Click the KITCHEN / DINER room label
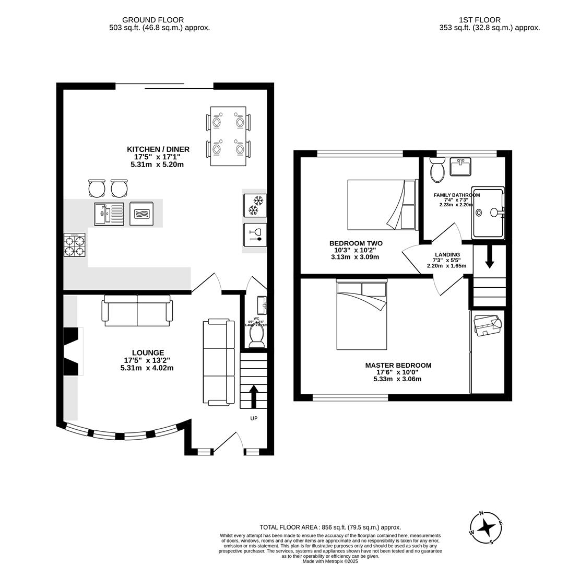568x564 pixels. (157, 149)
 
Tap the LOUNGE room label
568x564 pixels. (147, 353)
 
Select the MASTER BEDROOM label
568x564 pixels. (398, 366)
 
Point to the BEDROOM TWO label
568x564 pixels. (356, 243)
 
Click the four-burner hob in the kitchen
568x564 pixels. (75, 245)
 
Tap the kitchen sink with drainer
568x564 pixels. (109, 214)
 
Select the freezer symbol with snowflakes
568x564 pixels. (255, 205)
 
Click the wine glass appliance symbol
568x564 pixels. (255, 235)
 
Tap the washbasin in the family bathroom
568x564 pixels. (460, 167)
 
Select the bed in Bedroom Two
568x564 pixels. (382, 204)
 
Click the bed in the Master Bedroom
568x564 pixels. (362, 315)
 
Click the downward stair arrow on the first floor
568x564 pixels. (489, 257)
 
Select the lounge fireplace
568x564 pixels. (72, 351)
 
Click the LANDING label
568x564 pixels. (447, 255)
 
